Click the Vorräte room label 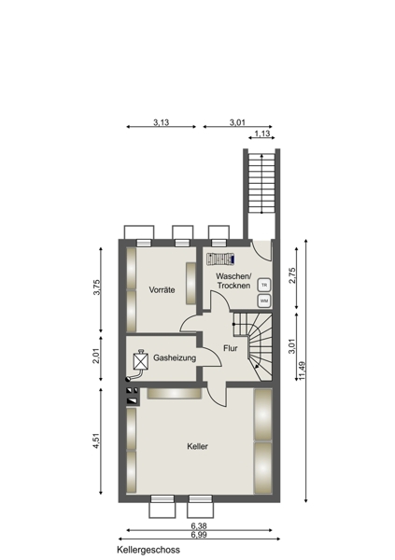click(x=162, y=289)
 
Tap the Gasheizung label click(x=175, y=357)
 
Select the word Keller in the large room click(x=197, y=446)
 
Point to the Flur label click(x=231, y=348)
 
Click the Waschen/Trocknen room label click(x=233, y=281)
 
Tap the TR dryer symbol click(x=264, y=285)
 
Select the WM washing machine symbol click(x=264, y=301)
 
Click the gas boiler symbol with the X click(x=140, y=360)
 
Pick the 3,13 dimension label click(x=162, y=122)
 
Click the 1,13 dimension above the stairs click(x=262, y=133)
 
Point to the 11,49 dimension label click(x=302, y=371)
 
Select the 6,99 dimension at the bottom click(x=199, y=535)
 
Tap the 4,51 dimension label click(x=96, y=441)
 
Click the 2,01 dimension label click(x=96, y=356)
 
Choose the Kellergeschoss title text click(x=148, y=550)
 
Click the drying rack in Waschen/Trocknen click(x=220, y=259)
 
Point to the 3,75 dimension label click(x=96, y=287)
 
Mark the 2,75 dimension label click(x=292, y=275)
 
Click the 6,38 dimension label click(x=199, y=526)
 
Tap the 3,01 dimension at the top click(x=237, y=122)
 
